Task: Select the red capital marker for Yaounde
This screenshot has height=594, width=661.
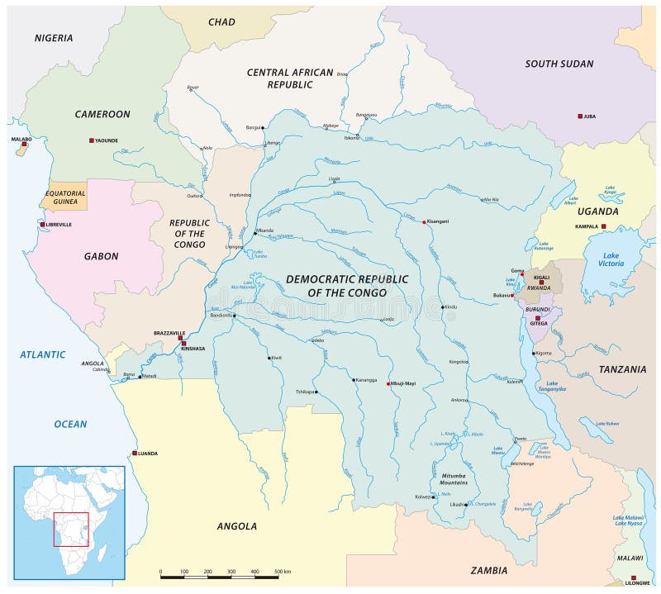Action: tap(92, 140)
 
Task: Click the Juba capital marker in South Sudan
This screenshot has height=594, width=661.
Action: tap(580, 116)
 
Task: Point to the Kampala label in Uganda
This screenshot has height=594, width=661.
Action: tap(586, 226)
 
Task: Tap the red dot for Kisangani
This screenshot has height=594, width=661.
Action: tap(425, 222)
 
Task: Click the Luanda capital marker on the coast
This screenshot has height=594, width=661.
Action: tap(135, 453)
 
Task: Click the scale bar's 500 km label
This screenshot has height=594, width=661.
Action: tap(282, 572)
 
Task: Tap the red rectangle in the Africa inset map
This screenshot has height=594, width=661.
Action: tap(70, 529)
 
